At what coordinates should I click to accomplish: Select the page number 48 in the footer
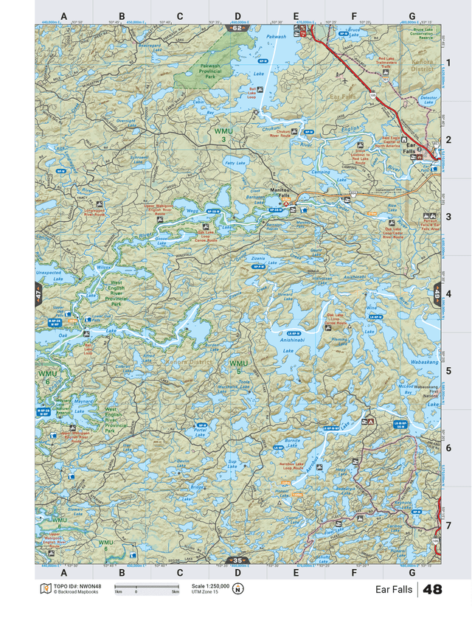coord(433,590)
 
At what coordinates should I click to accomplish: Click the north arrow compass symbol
coord(238,590)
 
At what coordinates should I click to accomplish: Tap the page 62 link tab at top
coord(236,28)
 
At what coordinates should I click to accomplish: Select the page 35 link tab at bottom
coord(236,561)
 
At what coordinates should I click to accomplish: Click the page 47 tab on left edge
coord(38,293)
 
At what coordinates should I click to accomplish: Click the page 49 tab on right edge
coord(437,293)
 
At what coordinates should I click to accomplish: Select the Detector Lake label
coord(428,100)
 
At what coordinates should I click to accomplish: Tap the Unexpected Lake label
coord(49,276)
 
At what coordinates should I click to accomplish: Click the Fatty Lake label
coord(235,163)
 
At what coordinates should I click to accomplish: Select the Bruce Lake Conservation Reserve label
coord(422,35)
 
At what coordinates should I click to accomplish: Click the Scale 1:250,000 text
coord(210,585)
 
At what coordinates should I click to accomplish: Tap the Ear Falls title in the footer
coord(394,590)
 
